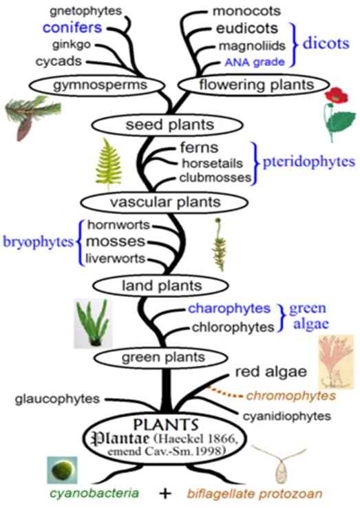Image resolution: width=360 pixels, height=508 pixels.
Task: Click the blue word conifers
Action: (72, 28)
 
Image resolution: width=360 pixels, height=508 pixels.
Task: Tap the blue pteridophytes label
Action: (309, 163)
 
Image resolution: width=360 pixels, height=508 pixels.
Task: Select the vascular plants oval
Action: (161, 202)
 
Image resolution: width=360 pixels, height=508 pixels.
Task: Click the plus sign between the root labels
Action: (164, 494)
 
